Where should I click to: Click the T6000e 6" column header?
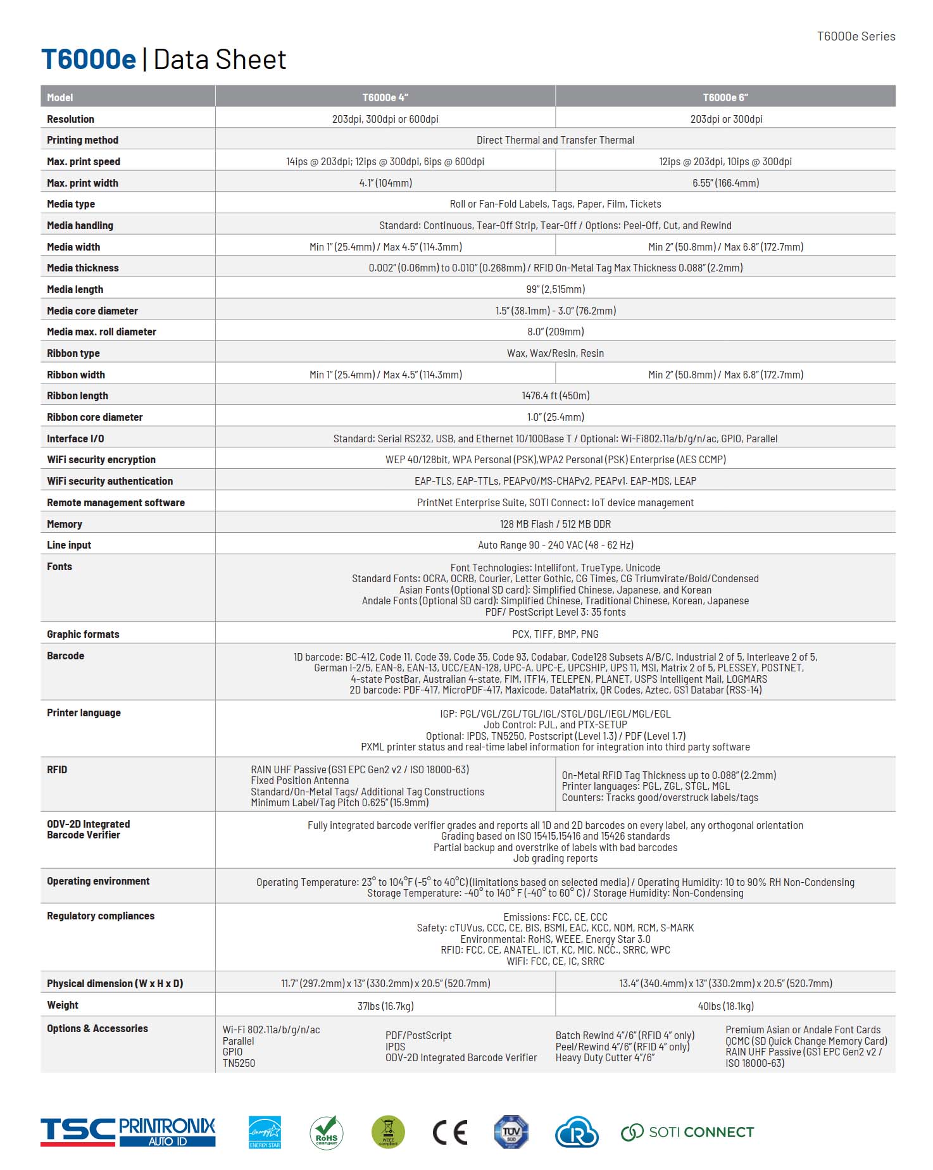coord(725,97)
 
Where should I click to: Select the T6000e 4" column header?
coord(385,97)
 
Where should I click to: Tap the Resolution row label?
coord(70,119)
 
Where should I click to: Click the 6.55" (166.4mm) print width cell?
coord(725,183)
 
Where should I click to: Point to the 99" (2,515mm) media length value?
coord(555,289)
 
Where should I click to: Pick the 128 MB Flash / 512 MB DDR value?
coord(555,524)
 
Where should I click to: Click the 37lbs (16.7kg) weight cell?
coord(385,1005)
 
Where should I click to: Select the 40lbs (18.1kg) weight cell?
coord(725,1005)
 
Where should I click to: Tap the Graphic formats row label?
coord(83,634)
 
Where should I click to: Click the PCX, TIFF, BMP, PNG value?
coord(555,634)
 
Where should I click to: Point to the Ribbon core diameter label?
coord(94,417)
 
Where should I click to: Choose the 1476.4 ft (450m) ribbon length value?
coord(555,395)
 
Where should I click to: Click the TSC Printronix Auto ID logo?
coord(128,1132)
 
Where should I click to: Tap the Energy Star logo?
coord(265,1132)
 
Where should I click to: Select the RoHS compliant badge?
coord(326,1132)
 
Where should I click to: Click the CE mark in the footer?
coord(449,1132)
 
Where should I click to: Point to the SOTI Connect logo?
coord(687,1132)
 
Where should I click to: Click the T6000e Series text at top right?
coord(856,36)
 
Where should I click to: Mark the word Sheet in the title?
coord(251,59)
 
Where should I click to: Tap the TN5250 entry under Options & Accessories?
coord(239,1063)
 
